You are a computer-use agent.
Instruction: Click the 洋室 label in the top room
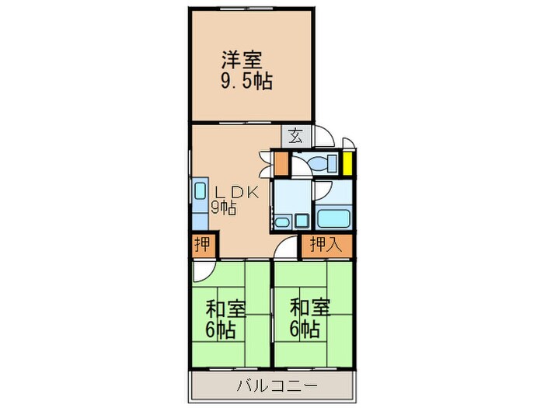pos(242,60)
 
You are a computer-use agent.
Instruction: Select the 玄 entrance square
pos(296,136)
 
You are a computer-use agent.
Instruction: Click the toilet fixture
pos(319,165)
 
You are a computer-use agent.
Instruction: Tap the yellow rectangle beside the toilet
pos(348,165)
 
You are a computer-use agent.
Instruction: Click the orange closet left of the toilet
pos(281,165)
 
